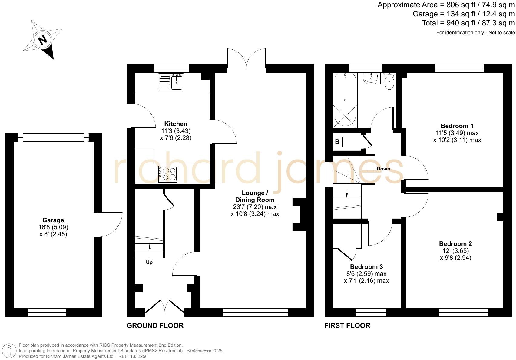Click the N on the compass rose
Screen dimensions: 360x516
click(43, 40)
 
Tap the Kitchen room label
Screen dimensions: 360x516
click(176, 124)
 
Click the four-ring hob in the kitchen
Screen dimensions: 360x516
click(168, 174)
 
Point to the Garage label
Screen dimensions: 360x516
click(53, 220)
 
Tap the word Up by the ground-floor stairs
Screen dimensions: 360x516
click(149, 263)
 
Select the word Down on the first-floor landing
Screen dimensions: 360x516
click(383, 169)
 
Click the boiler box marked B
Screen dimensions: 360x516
click(337, 142)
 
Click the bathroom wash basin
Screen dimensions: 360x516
click(371, 79)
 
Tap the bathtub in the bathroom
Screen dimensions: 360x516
click(345, 100)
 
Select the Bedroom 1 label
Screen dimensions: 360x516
click(457, 126)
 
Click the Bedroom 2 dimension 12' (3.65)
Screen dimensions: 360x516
click(455, 251)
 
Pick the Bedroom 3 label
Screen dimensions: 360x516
click(366, 267)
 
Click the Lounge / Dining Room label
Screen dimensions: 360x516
click(255, 196)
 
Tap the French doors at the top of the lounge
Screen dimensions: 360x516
click(246, 59)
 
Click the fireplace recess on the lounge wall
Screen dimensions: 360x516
click(297, 214)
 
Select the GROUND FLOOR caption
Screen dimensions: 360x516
click(155, 325)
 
